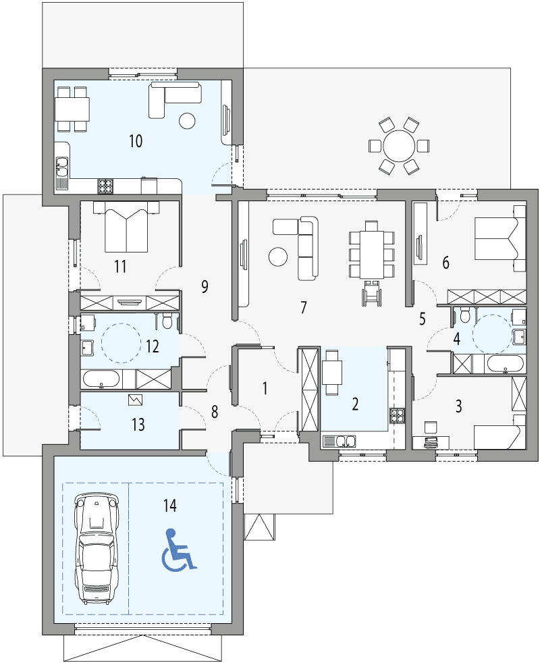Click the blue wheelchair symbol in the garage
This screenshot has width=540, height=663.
178,550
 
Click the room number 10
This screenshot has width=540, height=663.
136,141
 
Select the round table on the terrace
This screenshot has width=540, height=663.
399,145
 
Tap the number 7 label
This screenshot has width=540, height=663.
304,308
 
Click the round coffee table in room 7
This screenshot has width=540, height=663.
278,257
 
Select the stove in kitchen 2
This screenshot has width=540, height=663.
396,415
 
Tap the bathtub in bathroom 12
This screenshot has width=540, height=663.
101,379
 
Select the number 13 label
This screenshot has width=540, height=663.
138,425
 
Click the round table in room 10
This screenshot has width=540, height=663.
186,121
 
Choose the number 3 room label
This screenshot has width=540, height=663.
459,406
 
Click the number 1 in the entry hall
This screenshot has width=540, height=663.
265,388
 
